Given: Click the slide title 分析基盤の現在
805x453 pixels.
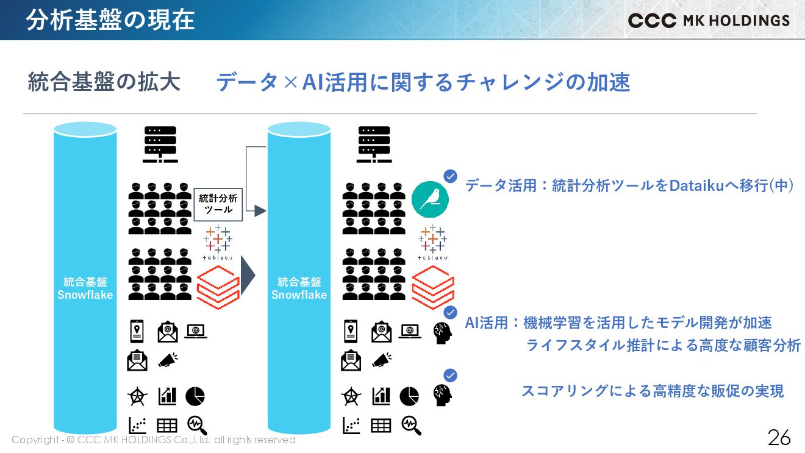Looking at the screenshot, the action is pyautogui.click(x=110, y=20).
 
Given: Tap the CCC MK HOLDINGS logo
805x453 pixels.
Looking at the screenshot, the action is pyautogui.click(x=709, y=20).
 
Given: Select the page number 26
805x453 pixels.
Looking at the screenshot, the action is pyautogui.click(x=779, y=437).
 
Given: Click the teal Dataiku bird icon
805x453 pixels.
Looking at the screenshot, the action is pyautogui.click(x=430, y=199).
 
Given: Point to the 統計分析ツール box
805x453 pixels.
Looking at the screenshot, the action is pyautogui.click(x=219, y=204).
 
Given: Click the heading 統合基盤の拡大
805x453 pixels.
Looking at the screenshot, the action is pyautogui.click(x=104, y=82).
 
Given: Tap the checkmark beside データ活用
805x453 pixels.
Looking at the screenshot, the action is pyautogui.click(x=450, y=176).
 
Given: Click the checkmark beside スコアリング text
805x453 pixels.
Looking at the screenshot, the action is pyautogui.click(x=450, y=376).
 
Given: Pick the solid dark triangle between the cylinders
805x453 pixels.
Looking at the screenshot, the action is pyautogui.click(x=246, y=276).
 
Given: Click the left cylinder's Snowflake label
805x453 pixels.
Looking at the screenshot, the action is pyautogui.click(x=85, y=294).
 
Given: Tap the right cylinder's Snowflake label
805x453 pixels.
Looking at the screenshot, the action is pyautogui.click(x=299, y=294).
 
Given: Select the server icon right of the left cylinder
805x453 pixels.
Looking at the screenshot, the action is pyautogui.click(x=160, y=144).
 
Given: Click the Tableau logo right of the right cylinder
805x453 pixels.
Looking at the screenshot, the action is pyautogui.click(x=432, y=244).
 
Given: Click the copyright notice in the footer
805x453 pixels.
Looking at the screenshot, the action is pyautogui.click(x=153, y=440).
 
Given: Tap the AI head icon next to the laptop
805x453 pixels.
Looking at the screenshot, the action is pyautogui.click(x=442, y=333).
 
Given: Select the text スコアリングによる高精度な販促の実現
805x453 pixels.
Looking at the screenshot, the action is pyautogui.click(x=652, y=391).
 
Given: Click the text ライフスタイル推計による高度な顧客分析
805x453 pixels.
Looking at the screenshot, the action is pyautogui.click(x=663, y=345).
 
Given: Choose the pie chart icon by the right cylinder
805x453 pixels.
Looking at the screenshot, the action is pyautogui.click(x=409, y=396).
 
